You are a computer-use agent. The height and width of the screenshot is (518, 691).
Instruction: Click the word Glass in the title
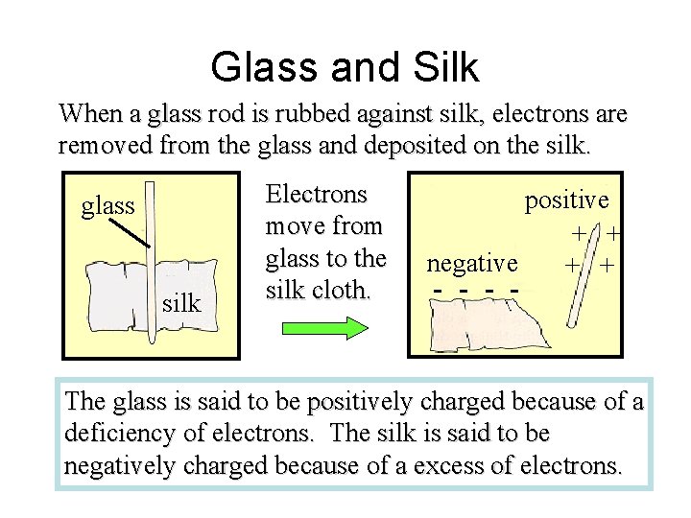[266, 67]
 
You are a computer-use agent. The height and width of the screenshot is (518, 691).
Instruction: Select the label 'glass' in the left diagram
[107, 205]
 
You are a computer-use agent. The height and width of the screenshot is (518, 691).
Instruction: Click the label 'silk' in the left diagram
[181, 304]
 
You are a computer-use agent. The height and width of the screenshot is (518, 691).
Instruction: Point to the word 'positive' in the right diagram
[566, 200]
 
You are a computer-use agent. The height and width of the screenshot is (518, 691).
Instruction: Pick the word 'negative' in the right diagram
[472, 263]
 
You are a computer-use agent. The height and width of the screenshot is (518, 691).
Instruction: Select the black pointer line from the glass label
[128, 231]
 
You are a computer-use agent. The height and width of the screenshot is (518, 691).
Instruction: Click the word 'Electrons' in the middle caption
[316, 195]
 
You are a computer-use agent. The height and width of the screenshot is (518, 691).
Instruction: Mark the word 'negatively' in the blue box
[122, 466]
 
